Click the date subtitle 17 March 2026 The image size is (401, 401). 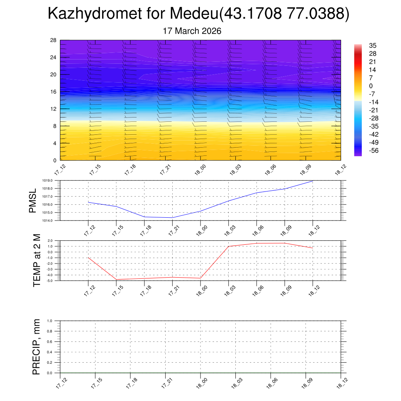[x=192, y=31]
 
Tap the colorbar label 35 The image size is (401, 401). [x=372, y=46]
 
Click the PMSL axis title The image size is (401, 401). [x=33, y=200]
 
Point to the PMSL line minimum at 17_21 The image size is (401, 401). [x=172, y=217]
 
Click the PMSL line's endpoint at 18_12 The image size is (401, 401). [x=312, y=181]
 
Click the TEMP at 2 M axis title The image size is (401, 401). [x=37, y=260]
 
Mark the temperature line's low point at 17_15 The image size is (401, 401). [x=116, y=279]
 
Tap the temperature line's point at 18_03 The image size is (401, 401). [x=228, y=246]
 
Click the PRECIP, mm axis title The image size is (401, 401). [x=36, y=347]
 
